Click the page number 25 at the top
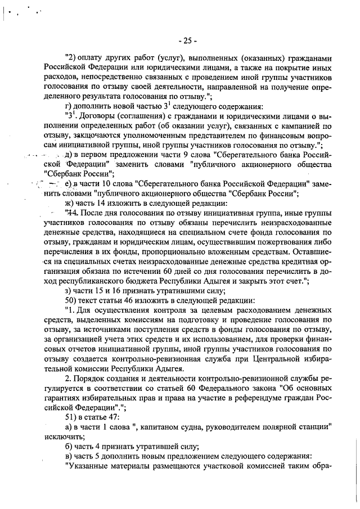point(186,40)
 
